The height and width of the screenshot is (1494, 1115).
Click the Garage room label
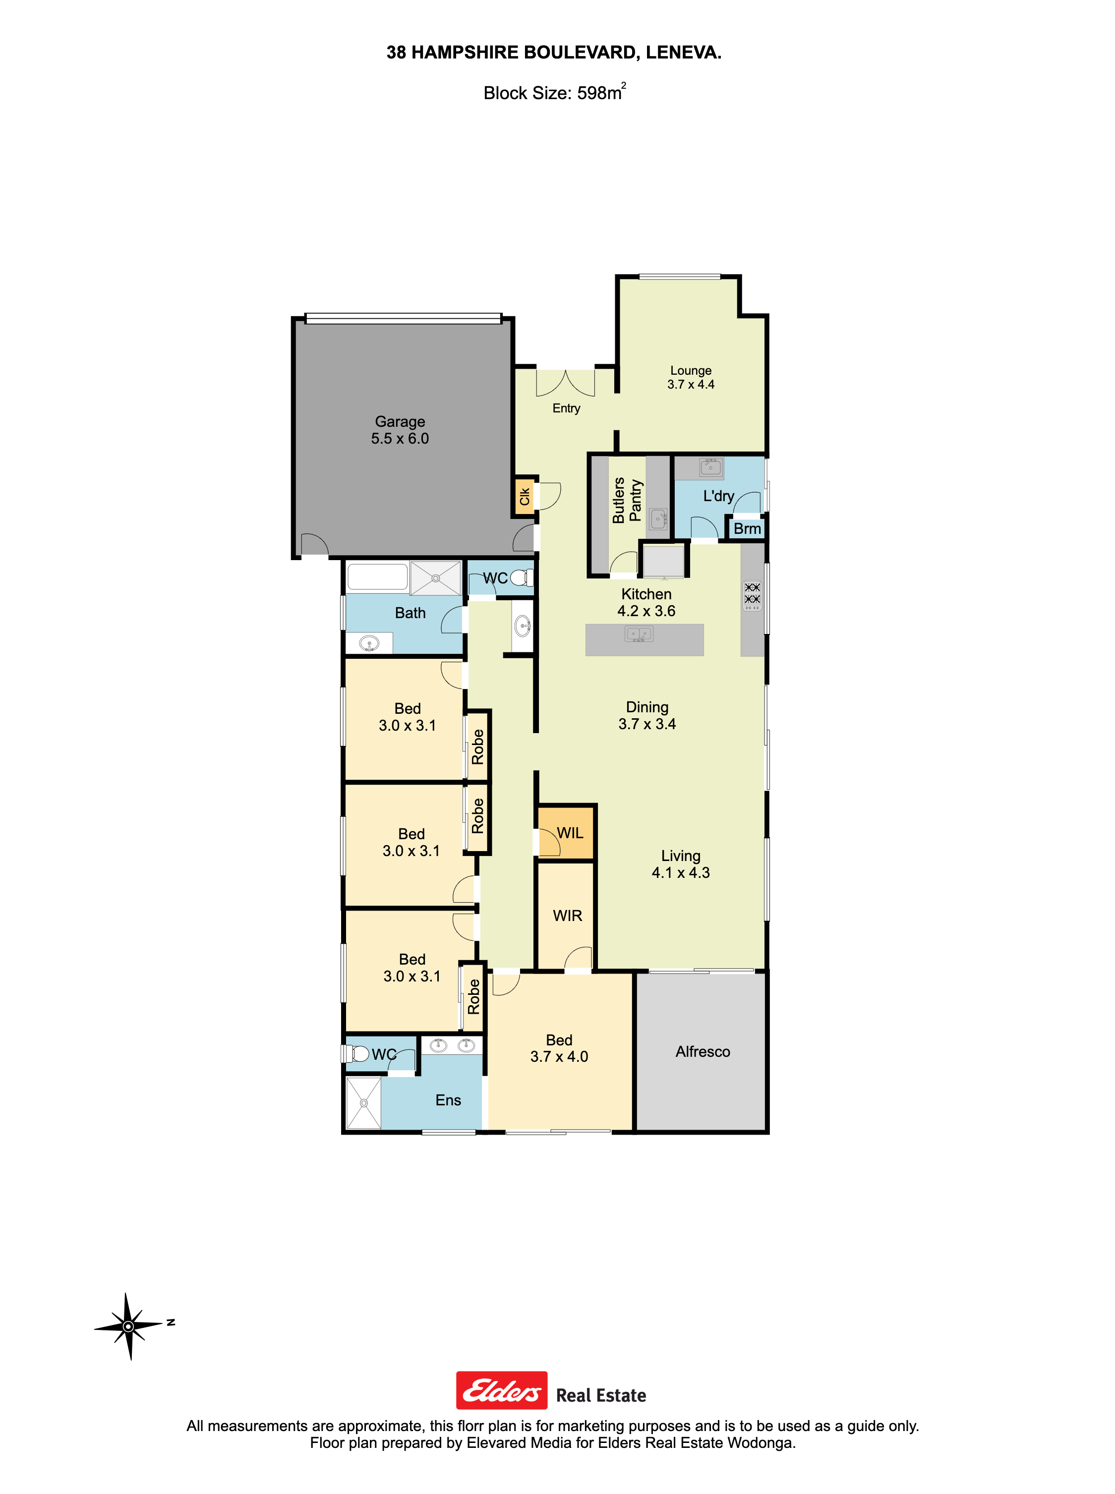400,430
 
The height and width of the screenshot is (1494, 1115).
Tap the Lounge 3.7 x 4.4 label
691,377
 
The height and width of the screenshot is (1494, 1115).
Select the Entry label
566,408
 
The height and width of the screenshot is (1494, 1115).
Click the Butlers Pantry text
626,500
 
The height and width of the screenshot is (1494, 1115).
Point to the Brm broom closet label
747,528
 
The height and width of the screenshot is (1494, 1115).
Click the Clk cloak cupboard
525,497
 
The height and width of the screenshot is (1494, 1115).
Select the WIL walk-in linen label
570,833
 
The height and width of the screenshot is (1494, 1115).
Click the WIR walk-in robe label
567,916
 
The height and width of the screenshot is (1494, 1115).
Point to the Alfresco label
703,1051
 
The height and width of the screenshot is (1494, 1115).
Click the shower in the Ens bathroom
364,1102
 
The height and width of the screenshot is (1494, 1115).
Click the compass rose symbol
128,1326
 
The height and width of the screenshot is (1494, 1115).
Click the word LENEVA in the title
683,53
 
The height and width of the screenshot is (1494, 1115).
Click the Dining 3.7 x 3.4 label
646,715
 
